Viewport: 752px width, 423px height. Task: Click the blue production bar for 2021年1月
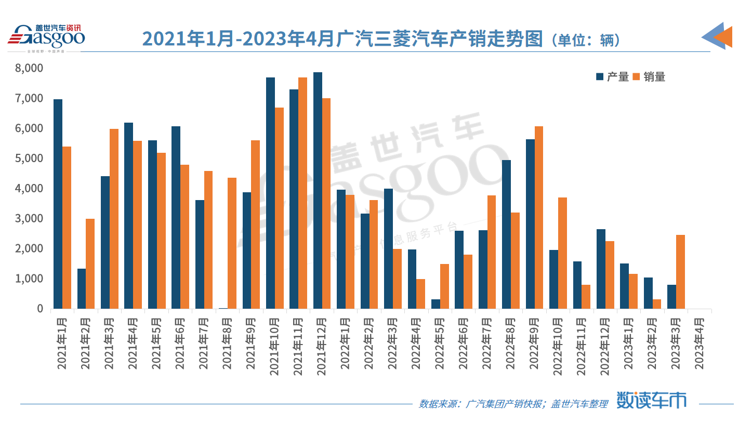pyautogui.click(x=58, y=204)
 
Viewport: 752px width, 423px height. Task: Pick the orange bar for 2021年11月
pyautogui.click(x=302, y=193)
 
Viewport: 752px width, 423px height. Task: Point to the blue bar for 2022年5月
pyautogui.click(x=436, y=304)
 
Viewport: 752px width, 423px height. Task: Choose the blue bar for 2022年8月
pyautogui.click(x=506, y=234)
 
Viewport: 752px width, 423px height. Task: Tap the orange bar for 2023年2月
pyautogui.click(x=657, y=304)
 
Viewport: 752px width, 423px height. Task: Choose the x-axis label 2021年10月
pyautogui.click(x=274, y=341)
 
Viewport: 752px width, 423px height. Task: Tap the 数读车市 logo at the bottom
pyautogui.click(x=651, y=400)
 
